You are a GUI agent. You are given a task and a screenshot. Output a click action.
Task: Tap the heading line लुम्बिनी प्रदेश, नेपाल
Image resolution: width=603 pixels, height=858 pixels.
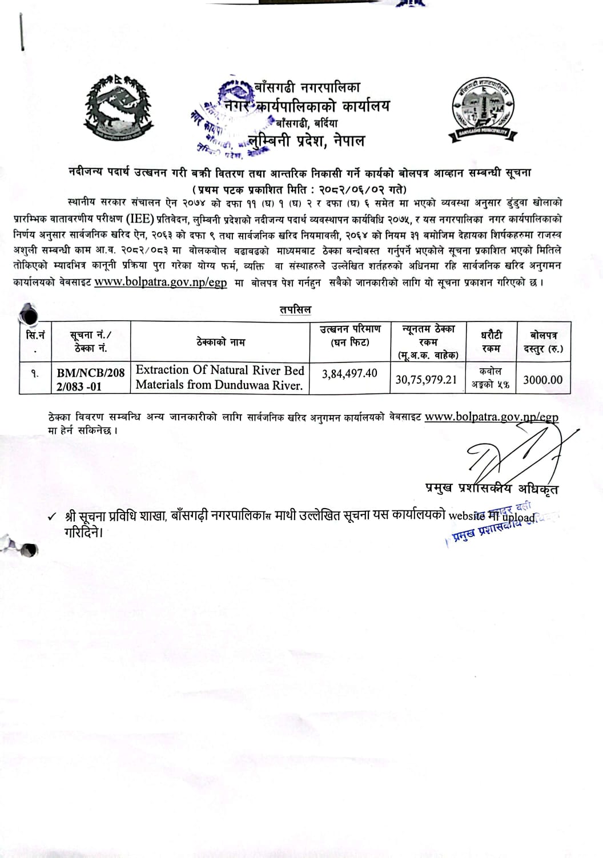[x=306, y=140]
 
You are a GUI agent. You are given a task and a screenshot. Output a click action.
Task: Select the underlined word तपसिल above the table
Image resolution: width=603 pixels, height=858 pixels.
[x=295, y=309]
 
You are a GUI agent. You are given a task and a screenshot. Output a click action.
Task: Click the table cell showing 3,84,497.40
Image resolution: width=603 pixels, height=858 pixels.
[x=349, y=373]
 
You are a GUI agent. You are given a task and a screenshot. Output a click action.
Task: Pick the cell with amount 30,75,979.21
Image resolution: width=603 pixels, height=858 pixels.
[x=426, y=379]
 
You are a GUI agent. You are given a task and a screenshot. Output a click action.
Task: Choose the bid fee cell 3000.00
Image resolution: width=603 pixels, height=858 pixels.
[x=542, y=380]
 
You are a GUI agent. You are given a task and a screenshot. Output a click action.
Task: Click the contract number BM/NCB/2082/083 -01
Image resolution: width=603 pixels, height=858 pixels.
[x=90, y=380]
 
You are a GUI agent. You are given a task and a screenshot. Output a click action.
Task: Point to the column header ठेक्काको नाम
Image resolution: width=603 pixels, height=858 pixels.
[x=220, y=342]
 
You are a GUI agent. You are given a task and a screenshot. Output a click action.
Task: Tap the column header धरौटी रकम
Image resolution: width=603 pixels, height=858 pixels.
[x=491, y=341]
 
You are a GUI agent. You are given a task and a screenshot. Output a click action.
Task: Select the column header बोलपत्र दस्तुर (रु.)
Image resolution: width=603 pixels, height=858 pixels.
[x=542, y=341]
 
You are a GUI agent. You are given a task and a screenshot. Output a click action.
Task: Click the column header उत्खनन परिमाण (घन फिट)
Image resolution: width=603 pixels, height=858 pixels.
[x=349, y=336]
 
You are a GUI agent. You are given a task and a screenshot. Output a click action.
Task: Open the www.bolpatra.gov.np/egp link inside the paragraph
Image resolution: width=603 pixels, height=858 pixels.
[x=160, y=282]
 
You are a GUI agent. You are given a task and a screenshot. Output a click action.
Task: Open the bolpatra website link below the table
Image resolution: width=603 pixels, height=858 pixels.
[x=492, y=417]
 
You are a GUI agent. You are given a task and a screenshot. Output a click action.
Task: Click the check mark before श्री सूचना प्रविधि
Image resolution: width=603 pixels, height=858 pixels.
[x=52, y=517]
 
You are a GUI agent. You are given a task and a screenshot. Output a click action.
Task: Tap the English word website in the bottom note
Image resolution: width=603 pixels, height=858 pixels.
[x=467, y=515]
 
